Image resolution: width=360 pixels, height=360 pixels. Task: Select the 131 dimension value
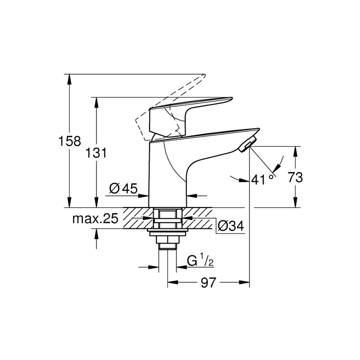(x=97, y=153)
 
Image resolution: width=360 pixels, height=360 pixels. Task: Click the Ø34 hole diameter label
(x=230, y=226)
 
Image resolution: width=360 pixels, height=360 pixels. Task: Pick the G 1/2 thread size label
(x=200, y=261)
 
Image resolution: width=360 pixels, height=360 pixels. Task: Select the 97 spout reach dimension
(x=209, y=283)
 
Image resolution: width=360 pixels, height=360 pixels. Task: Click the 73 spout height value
(x=295, y=177)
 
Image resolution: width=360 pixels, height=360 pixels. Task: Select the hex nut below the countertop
(x=167, y=239)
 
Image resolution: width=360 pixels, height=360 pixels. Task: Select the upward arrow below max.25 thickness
(x=97, y=234)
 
